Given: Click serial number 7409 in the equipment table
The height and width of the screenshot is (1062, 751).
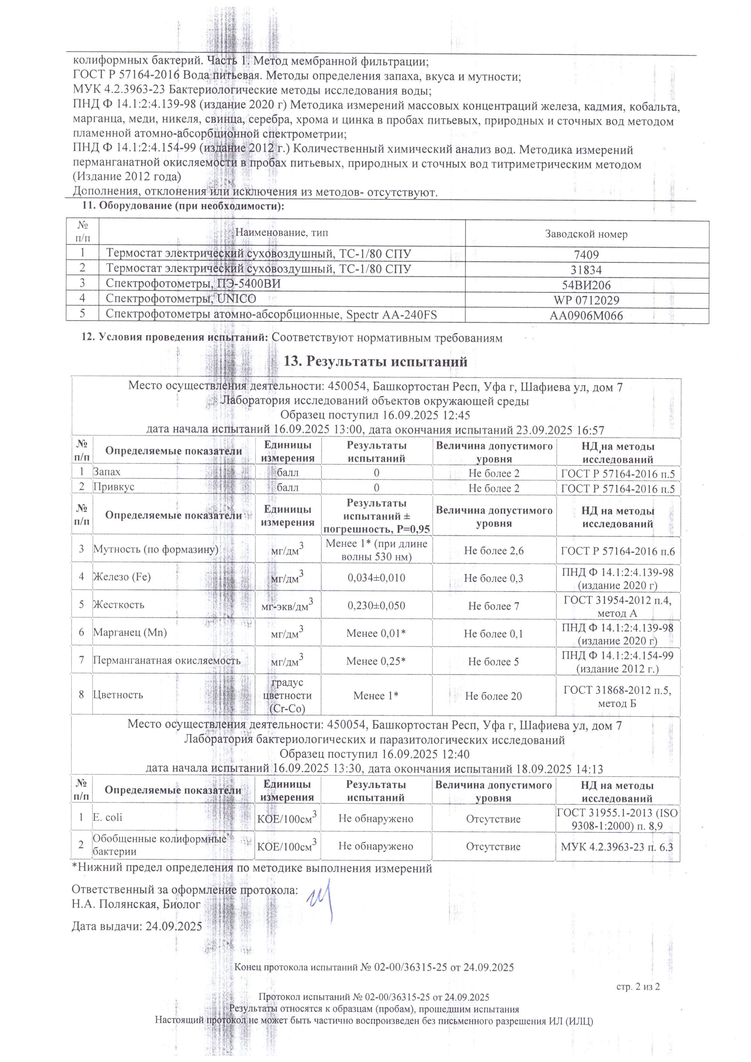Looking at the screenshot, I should (x=586, y=254).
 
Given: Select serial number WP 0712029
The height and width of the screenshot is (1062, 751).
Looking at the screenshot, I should (x=586, y=300).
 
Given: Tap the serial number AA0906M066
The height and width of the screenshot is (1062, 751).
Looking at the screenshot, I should (x=586, y=316).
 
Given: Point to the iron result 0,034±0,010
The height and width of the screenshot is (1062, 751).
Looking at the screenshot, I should (x=377, y=577).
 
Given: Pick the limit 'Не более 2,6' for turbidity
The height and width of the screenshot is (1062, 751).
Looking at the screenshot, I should (x=494, y=550).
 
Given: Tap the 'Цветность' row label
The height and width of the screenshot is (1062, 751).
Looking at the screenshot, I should (x=118, y=695).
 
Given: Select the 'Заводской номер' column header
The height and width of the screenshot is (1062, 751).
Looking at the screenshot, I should (x=586, y=234).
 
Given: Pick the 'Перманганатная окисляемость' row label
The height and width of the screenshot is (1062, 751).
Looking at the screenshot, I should (x=167, y=661).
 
